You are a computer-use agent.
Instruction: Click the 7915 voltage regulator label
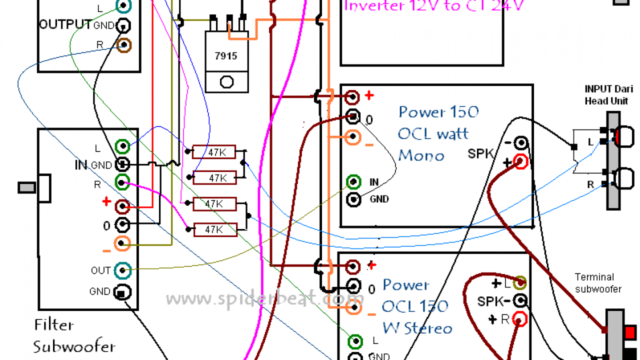[227, 56]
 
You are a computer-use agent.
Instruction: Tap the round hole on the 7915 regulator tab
[227, 82]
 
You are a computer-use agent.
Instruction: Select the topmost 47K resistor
[214, 152]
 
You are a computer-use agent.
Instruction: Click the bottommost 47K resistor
[214, 229]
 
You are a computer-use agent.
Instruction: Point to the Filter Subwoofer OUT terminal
[122, 270]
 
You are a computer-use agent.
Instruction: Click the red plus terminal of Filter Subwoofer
[122, 205]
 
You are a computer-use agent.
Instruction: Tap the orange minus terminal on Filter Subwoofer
[122, 243]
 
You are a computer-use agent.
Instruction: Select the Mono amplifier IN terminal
[353, 181]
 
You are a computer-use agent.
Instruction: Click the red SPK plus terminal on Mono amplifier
[520, 161]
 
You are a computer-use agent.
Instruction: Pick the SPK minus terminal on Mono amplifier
[520, 143]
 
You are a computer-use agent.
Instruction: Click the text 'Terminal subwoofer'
[598, 283]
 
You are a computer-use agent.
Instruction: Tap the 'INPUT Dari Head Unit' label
[605, 95]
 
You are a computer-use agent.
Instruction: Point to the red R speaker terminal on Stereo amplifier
[520, 318]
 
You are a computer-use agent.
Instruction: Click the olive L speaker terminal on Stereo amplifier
[520, 283]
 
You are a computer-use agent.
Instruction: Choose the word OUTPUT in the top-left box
[65, 25]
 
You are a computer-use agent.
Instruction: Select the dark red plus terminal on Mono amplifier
[353, 96]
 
